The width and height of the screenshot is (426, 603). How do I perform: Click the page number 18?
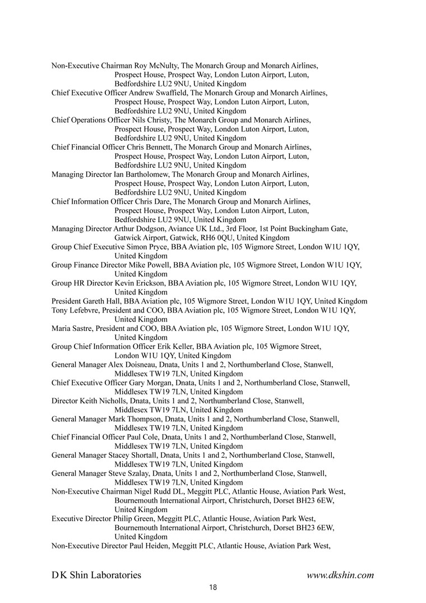point(213,587)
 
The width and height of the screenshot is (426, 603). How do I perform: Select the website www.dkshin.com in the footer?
point(340,575)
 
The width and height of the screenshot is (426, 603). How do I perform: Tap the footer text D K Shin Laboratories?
point(96,575)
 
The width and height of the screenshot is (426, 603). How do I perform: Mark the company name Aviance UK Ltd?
point(192,229)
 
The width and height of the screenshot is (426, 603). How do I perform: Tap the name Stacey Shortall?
point(137,455)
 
